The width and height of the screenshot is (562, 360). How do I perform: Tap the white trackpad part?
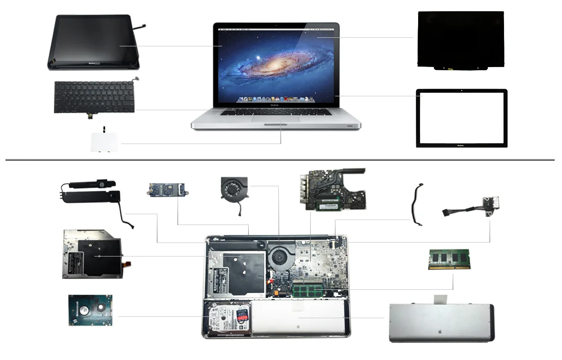tap(104, 142)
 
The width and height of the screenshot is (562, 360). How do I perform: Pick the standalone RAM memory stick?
tap(449, 259)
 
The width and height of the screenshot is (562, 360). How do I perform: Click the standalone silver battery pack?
tap(441, 323)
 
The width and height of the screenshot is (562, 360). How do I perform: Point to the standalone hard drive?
tap(90, 310)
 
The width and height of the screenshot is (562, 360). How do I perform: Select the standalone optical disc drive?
tap(93, 254)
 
